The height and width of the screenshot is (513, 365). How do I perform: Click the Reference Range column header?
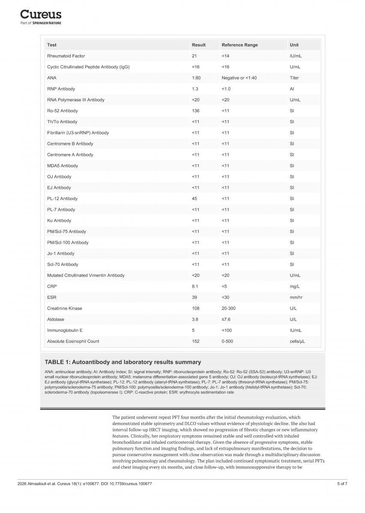pos(239,45)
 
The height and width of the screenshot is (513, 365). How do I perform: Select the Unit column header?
pos(294,45)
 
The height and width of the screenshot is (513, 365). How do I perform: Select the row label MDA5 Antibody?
pos(62,166)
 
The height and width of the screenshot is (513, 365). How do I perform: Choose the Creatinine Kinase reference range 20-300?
pos(228,308)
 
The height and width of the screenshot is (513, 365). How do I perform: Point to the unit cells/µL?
pos(297,341)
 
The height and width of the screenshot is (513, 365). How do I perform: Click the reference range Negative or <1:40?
pos(239,78)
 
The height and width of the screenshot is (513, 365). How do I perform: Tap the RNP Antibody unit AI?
pos(291,89)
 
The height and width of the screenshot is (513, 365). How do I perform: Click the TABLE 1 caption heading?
pos(123,362)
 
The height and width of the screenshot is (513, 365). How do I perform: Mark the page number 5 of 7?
pos(342,484)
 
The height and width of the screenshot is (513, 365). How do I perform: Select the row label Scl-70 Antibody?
pos(62,265)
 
